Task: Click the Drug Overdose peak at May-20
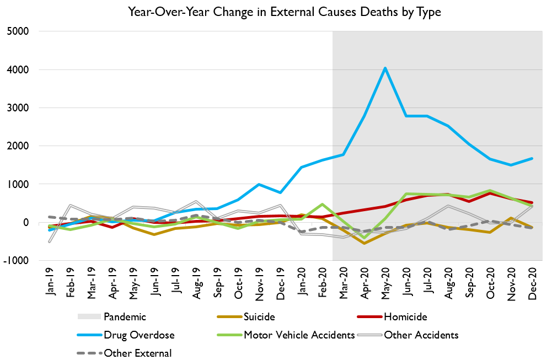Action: [x=385, y=68]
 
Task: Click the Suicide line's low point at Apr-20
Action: [x=364, y=243]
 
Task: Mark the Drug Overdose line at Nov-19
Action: [x=259, y=184]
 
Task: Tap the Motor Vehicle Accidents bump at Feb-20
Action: [x=322, y=205]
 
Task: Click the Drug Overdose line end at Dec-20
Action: [x=532, y=158]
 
